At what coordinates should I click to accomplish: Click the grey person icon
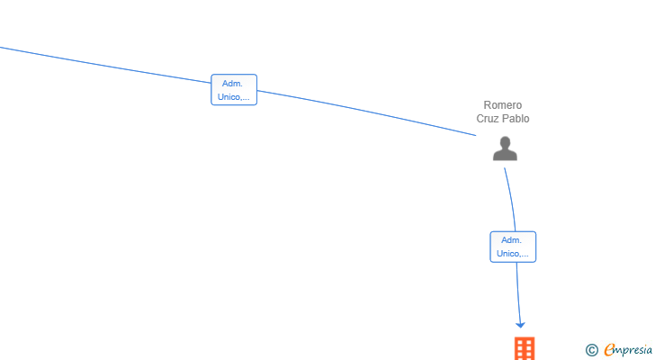coord(505,148)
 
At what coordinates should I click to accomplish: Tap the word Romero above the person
coord(503,104)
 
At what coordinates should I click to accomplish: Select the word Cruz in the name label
coord(487,119)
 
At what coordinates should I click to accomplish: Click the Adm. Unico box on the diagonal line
coord(234,90)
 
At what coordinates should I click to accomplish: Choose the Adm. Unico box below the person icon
coord(513,247)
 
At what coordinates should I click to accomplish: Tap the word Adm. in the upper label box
coord(232,84)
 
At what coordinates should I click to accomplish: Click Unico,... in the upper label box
coord(234,97)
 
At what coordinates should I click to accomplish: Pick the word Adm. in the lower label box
coord(511,240)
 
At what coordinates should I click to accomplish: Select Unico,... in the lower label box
coord(513,254)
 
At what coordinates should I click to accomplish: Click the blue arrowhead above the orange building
coord(520,325)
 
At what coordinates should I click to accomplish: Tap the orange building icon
coord(525,348)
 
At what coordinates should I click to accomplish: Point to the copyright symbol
coord(591,350)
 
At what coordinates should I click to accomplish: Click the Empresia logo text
coord(628,350)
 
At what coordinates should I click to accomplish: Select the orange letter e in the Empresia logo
coord(609,349)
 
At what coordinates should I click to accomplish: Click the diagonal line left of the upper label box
coord(105,66)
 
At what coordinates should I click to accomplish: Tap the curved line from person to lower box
coord(511,199)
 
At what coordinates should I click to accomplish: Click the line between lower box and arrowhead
coord(518,292)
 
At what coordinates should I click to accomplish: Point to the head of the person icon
coord(505,142)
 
